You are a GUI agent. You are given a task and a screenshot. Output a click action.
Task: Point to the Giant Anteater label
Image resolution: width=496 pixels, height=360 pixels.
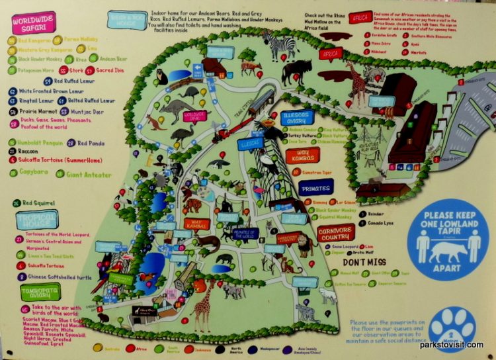(88, 175)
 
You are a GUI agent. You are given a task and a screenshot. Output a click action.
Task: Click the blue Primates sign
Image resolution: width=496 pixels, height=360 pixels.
(315, 188)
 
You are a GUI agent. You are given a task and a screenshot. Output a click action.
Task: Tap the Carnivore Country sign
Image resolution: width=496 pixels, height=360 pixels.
(335, 232)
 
